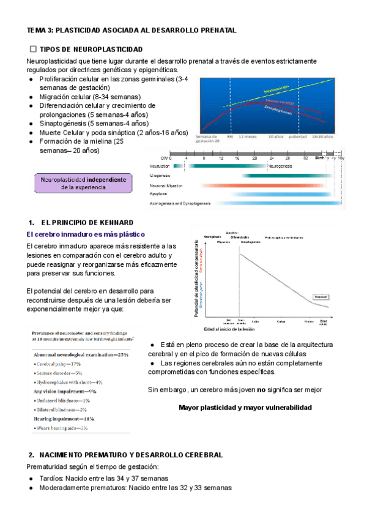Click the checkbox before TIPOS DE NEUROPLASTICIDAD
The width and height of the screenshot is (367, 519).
click(x=33, y=48)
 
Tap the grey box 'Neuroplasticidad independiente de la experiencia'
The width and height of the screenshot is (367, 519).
click(x=84, y=184)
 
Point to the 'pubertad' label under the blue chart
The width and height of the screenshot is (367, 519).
click(x=298, y=136)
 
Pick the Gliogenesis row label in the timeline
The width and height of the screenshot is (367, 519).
click(x=160, y=176)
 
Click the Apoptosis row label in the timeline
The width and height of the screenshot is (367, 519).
click(x=160, y=193)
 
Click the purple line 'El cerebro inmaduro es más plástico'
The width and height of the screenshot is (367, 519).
click(x=86, y=234)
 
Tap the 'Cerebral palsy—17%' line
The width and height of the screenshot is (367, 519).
click(x=59, y=364)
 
